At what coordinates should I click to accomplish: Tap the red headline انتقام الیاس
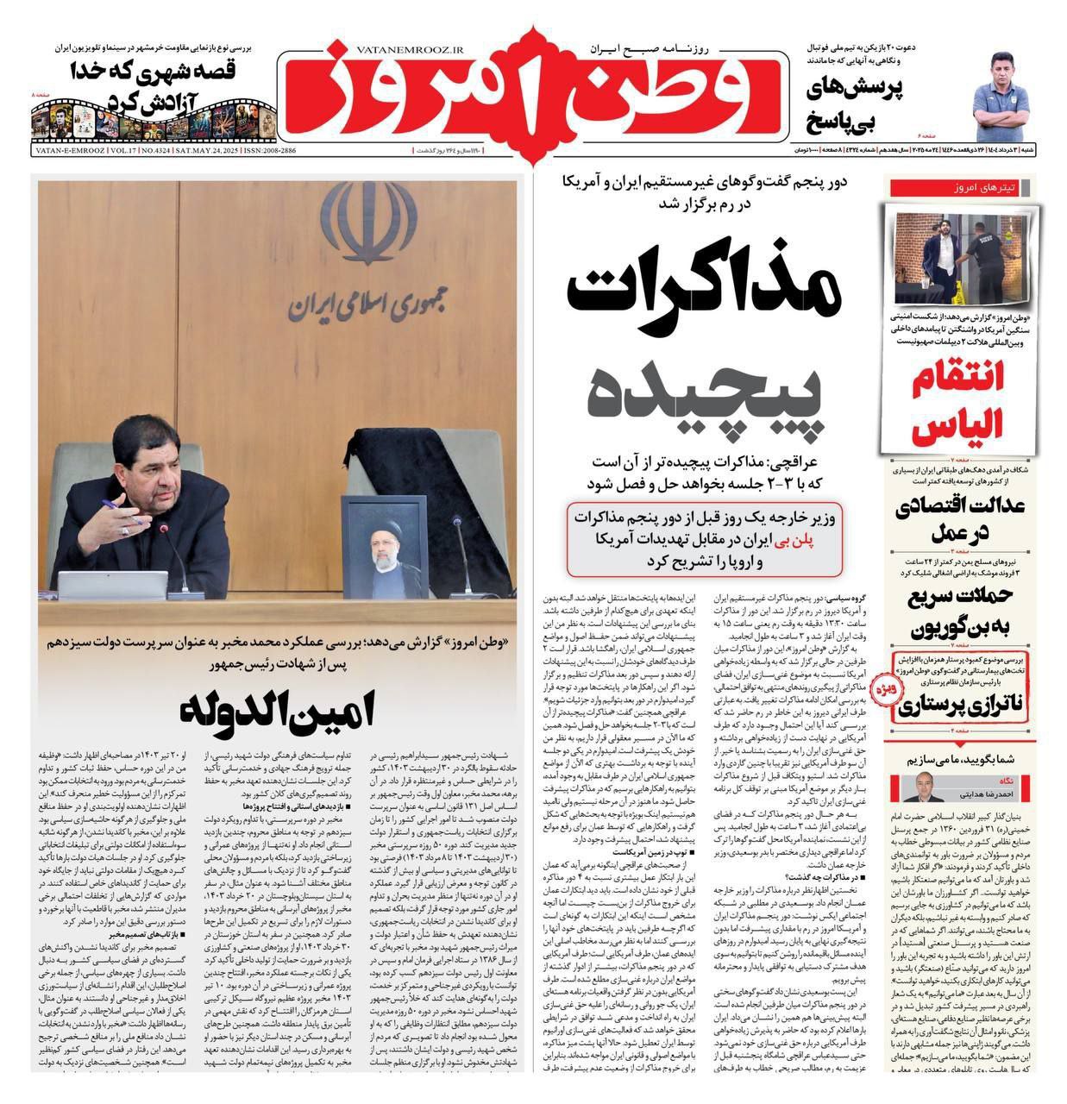[x=957, y=403]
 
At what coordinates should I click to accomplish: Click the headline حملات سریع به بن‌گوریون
[x=957, y=609]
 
